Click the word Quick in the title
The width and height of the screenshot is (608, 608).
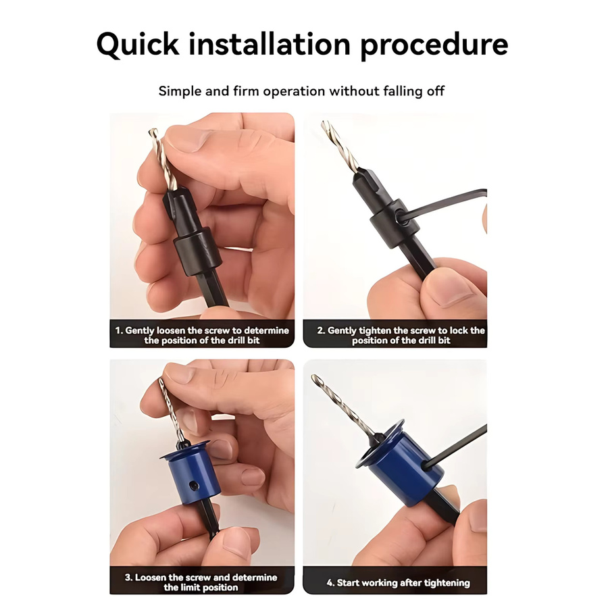138,45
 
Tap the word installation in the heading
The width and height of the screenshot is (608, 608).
270,44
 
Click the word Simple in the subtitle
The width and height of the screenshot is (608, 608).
180,91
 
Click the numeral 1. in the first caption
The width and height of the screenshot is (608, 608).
119,330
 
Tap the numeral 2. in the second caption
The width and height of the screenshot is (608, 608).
321,330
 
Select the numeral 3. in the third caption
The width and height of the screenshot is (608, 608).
129,578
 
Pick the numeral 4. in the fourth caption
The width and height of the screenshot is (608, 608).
330,583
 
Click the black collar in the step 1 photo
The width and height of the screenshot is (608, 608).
197,251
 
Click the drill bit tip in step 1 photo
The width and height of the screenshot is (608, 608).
153,132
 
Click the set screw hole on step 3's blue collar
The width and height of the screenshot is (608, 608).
193,485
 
